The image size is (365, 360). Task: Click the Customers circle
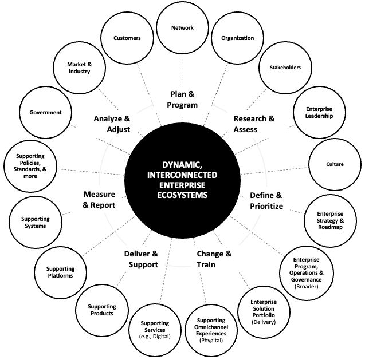pos(127,38)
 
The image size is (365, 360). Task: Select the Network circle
pos(183,27)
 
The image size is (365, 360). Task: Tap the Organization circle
pos(237,38)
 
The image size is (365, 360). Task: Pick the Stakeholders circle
pos(285,68)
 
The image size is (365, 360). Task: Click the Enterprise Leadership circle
pos(319,113)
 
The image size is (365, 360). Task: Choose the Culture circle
pos(335,164)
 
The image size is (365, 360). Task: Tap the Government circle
pos(46,113)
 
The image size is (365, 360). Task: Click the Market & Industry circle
pos(79,68)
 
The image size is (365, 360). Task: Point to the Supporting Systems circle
pos(36,222)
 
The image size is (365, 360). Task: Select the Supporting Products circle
pos(101,310)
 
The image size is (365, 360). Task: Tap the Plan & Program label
pos(184,99)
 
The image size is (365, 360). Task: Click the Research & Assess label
pos(254,124)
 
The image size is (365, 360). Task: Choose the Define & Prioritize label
pos(266,200)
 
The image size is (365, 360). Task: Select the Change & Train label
pos(214,259)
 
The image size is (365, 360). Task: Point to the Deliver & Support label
pos(141,259)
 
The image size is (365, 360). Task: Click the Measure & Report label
pos(99,199)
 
